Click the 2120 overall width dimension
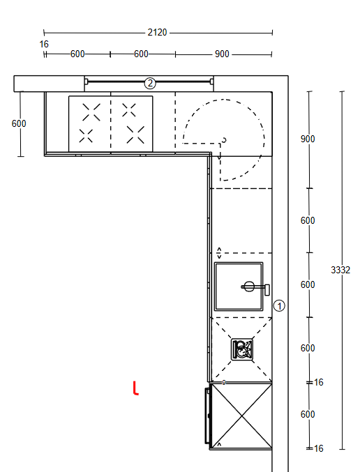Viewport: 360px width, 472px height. (x=157, y=32)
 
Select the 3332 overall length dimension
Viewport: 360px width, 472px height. (x=340, y=270)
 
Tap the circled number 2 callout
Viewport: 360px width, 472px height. (x=150, y=83)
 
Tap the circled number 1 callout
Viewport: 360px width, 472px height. (x=279, y=306)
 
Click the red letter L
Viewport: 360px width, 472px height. (x=135, y=388)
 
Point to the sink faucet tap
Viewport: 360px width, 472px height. (x=255, y=287)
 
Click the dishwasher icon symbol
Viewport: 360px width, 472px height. (x=242, y=349)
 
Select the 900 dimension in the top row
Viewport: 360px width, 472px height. (x=222, y=54)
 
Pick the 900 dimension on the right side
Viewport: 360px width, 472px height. (x=308, y=139)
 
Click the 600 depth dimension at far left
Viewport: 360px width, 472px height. (x=19, y=123)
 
